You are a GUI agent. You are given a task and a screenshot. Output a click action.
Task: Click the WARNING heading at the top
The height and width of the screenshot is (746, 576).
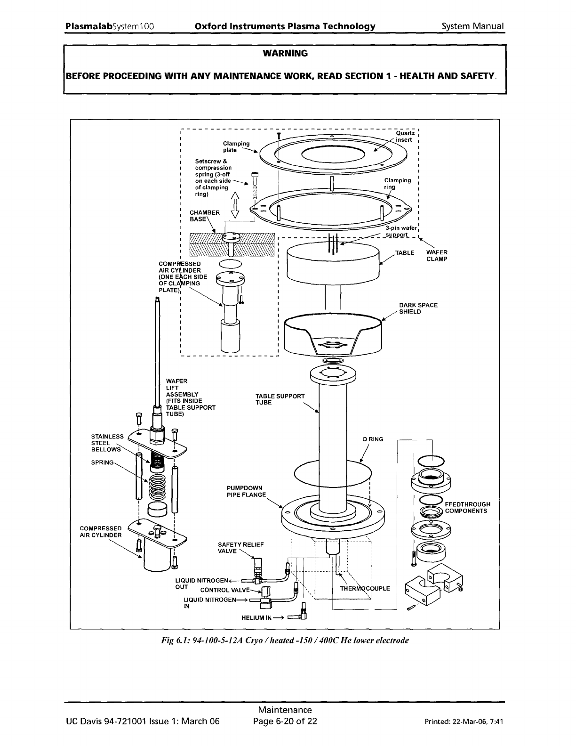285,53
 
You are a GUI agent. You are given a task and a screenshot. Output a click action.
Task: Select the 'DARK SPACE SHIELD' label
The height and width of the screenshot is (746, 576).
418,308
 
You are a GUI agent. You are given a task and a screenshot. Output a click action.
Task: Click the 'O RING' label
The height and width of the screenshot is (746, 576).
372,439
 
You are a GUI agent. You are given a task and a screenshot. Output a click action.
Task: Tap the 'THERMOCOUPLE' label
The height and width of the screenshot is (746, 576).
365,589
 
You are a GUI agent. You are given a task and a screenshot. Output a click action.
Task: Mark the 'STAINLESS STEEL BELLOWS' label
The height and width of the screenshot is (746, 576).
107,443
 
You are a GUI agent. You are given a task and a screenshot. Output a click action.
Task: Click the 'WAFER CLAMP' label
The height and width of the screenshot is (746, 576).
437,255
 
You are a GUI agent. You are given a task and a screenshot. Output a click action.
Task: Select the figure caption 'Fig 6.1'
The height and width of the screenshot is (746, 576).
284,641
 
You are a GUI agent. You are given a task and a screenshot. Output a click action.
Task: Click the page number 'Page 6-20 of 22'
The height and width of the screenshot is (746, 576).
285,721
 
